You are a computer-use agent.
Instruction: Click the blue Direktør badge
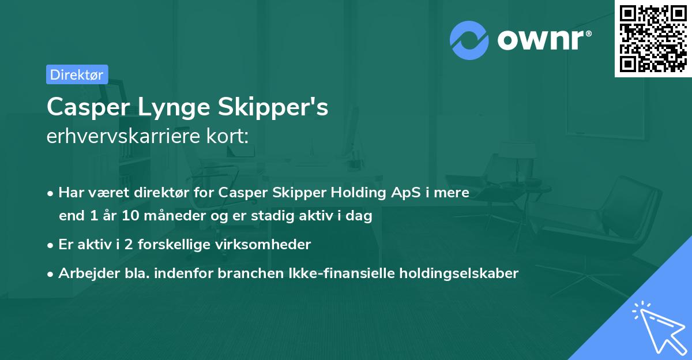[x=77, y=74]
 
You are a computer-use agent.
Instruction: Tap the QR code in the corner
[x=653, y=38]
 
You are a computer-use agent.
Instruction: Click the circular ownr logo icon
[x=469, y=40]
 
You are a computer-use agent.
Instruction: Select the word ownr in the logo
[x=541, y=40]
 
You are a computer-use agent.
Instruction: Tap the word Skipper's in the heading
[x=279, y=108]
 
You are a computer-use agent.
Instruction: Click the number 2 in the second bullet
[x=130, y=245]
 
